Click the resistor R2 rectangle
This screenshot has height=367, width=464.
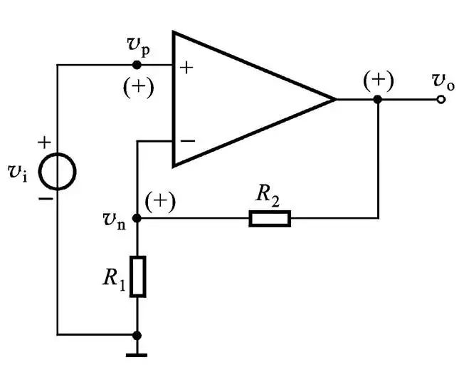pyautogui.click(x=270, y=218)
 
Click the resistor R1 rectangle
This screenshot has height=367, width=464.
pyautogui.click(x=137, y=276)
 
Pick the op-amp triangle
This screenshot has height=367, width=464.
pyautogui.click(x=242, y=99)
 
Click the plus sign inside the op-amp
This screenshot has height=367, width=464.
pyautogui.click(x=186, y=68)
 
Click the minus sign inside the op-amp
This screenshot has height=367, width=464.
pyautogui.click(x=186, y=140)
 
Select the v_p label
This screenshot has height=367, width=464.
pyautogui.click(x=139, y=48)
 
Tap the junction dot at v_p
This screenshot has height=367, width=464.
pyautogui.click(x=137, y=65)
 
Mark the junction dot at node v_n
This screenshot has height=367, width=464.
pyautogui.click(x=137, y=218)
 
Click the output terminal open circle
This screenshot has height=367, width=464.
pyautogui.click(x=441, y=99)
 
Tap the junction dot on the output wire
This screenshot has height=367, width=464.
pyautogui.click(x=378, y=99)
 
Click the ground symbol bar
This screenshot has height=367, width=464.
pyautogui.click(x=137, y=354)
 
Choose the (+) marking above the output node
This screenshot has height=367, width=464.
pyautogui.click(x=377, y=80)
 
